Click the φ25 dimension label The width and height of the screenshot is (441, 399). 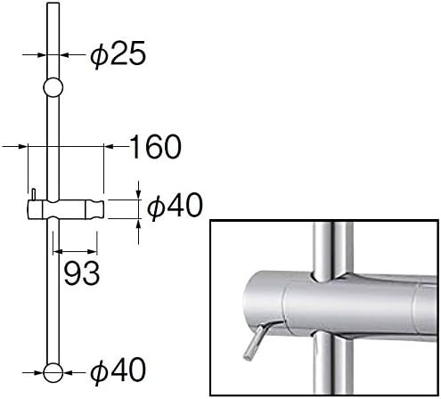(x=118, y=54)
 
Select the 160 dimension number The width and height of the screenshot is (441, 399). (x=156, y=147)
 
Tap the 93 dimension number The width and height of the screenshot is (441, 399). (x=82, y=273)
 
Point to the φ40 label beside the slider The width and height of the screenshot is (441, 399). (x=175, y=206)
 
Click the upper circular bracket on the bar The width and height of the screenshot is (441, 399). (x=53, y=87)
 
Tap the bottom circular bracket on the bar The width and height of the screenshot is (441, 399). (x=53, y=372)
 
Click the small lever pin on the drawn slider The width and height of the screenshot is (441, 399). (x=34, y=194)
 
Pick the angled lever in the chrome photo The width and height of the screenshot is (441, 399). (x=254, y=341)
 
